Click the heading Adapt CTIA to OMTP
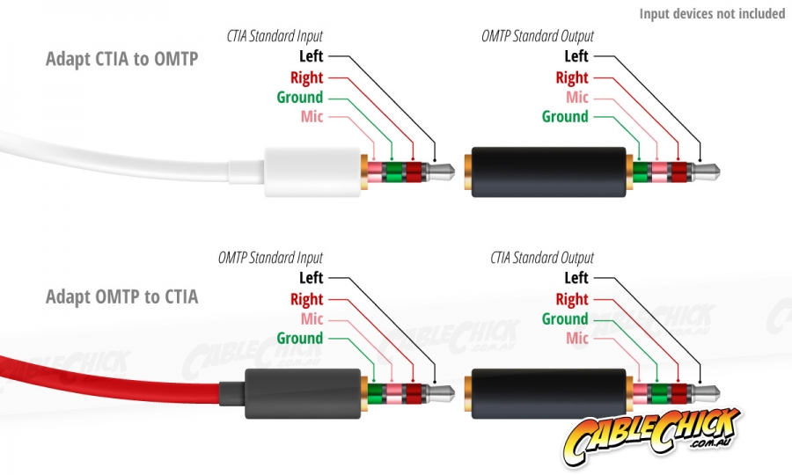pos(121,59)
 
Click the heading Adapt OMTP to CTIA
pos(121,296)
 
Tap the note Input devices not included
pos(712,13)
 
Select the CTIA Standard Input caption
pos(275,36)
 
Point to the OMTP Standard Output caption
pos(538,36)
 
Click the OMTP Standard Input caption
pos(270,258)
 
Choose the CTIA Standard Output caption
pos(542,258)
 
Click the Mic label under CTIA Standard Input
pos(312,116)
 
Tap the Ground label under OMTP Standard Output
pos(565,116)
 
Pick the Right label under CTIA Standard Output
pos(572,299)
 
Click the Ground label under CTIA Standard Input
pos(300,97)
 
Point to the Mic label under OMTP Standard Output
pos(577,97)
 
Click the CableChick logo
pos(653,435)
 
